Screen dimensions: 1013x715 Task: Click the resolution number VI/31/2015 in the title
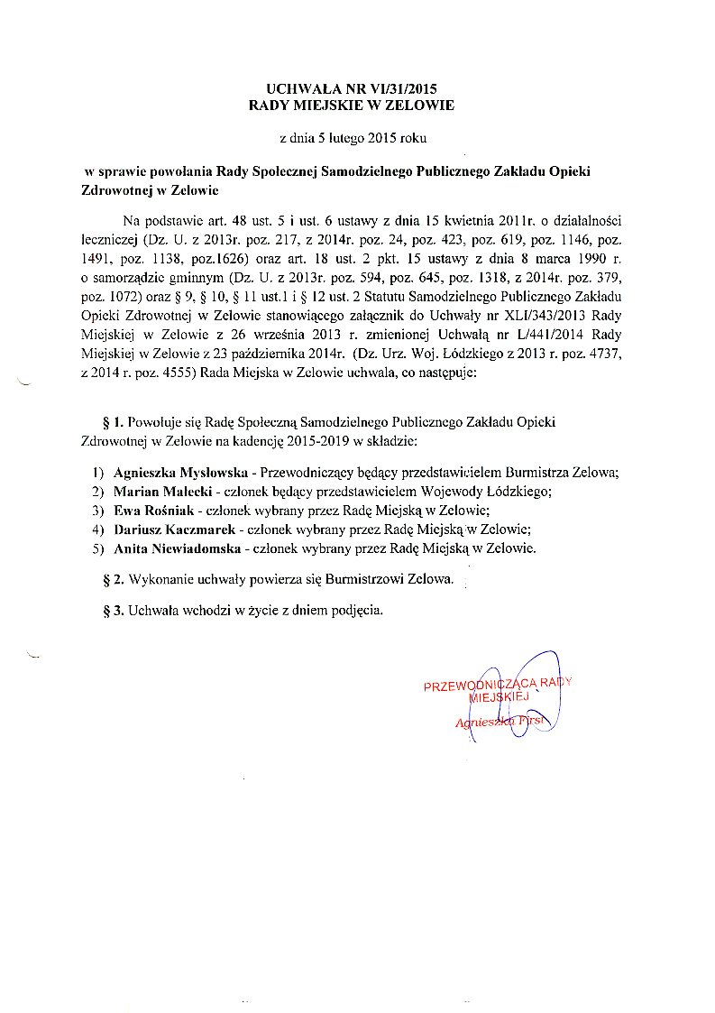tap(404, 89)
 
